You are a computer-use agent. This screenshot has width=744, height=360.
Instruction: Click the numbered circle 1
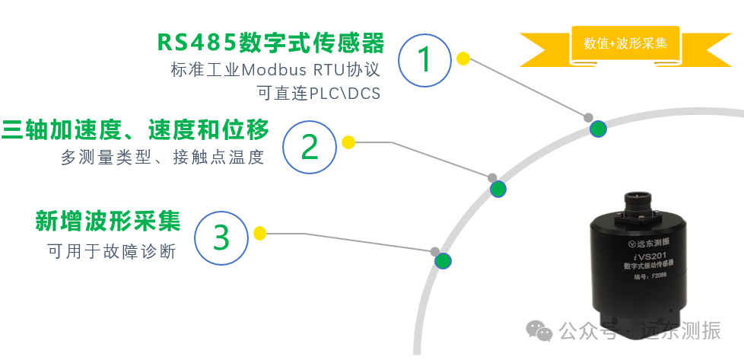coord(425,59)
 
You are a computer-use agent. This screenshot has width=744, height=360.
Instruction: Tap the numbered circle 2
coord(310,146)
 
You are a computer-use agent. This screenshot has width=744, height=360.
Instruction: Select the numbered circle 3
coord(221,237)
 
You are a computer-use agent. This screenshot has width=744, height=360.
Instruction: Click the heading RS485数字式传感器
coord(271,42)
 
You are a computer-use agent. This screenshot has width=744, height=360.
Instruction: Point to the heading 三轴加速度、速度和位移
coord(135,130)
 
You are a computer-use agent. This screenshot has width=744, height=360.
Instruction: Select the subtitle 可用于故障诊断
coord(111,251)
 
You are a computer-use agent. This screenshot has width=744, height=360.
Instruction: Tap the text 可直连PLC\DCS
coord(320,94)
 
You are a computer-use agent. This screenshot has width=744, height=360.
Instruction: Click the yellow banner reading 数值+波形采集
coord(625,43)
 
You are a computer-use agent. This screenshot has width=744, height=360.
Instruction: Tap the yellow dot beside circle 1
coord(463,58)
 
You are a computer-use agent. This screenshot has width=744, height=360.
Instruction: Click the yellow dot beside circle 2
coord(348,142)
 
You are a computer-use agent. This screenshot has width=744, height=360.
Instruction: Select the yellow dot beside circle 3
coord(259,233)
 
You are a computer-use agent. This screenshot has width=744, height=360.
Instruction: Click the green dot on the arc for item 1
coord(599,129)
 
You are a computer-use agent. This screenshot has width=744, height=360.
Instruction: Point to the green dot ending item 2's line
coord(498,189)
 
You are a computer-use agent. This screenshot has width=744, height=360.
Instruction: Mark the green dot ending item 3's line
coord(443,261)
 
